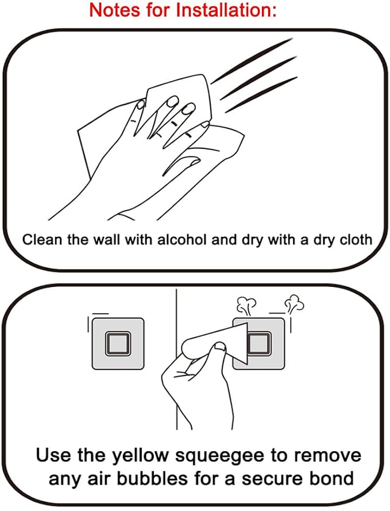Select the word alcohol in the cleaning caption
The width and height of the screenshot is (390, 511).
(182, 240)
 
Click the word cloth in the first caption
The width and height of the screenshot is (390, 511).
(356, 240)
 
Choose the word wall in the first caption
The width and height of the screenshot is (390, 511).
(106, 240)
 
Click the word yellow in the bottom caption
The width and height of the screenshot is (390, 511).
(140, 456)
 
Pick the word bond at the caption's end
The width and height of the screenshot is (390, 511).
(334, 478)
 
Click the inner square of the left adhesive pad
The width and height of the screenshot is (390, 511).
(118, 343)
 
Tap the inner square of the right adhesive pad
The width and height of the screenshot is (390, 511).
(259, 343)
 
